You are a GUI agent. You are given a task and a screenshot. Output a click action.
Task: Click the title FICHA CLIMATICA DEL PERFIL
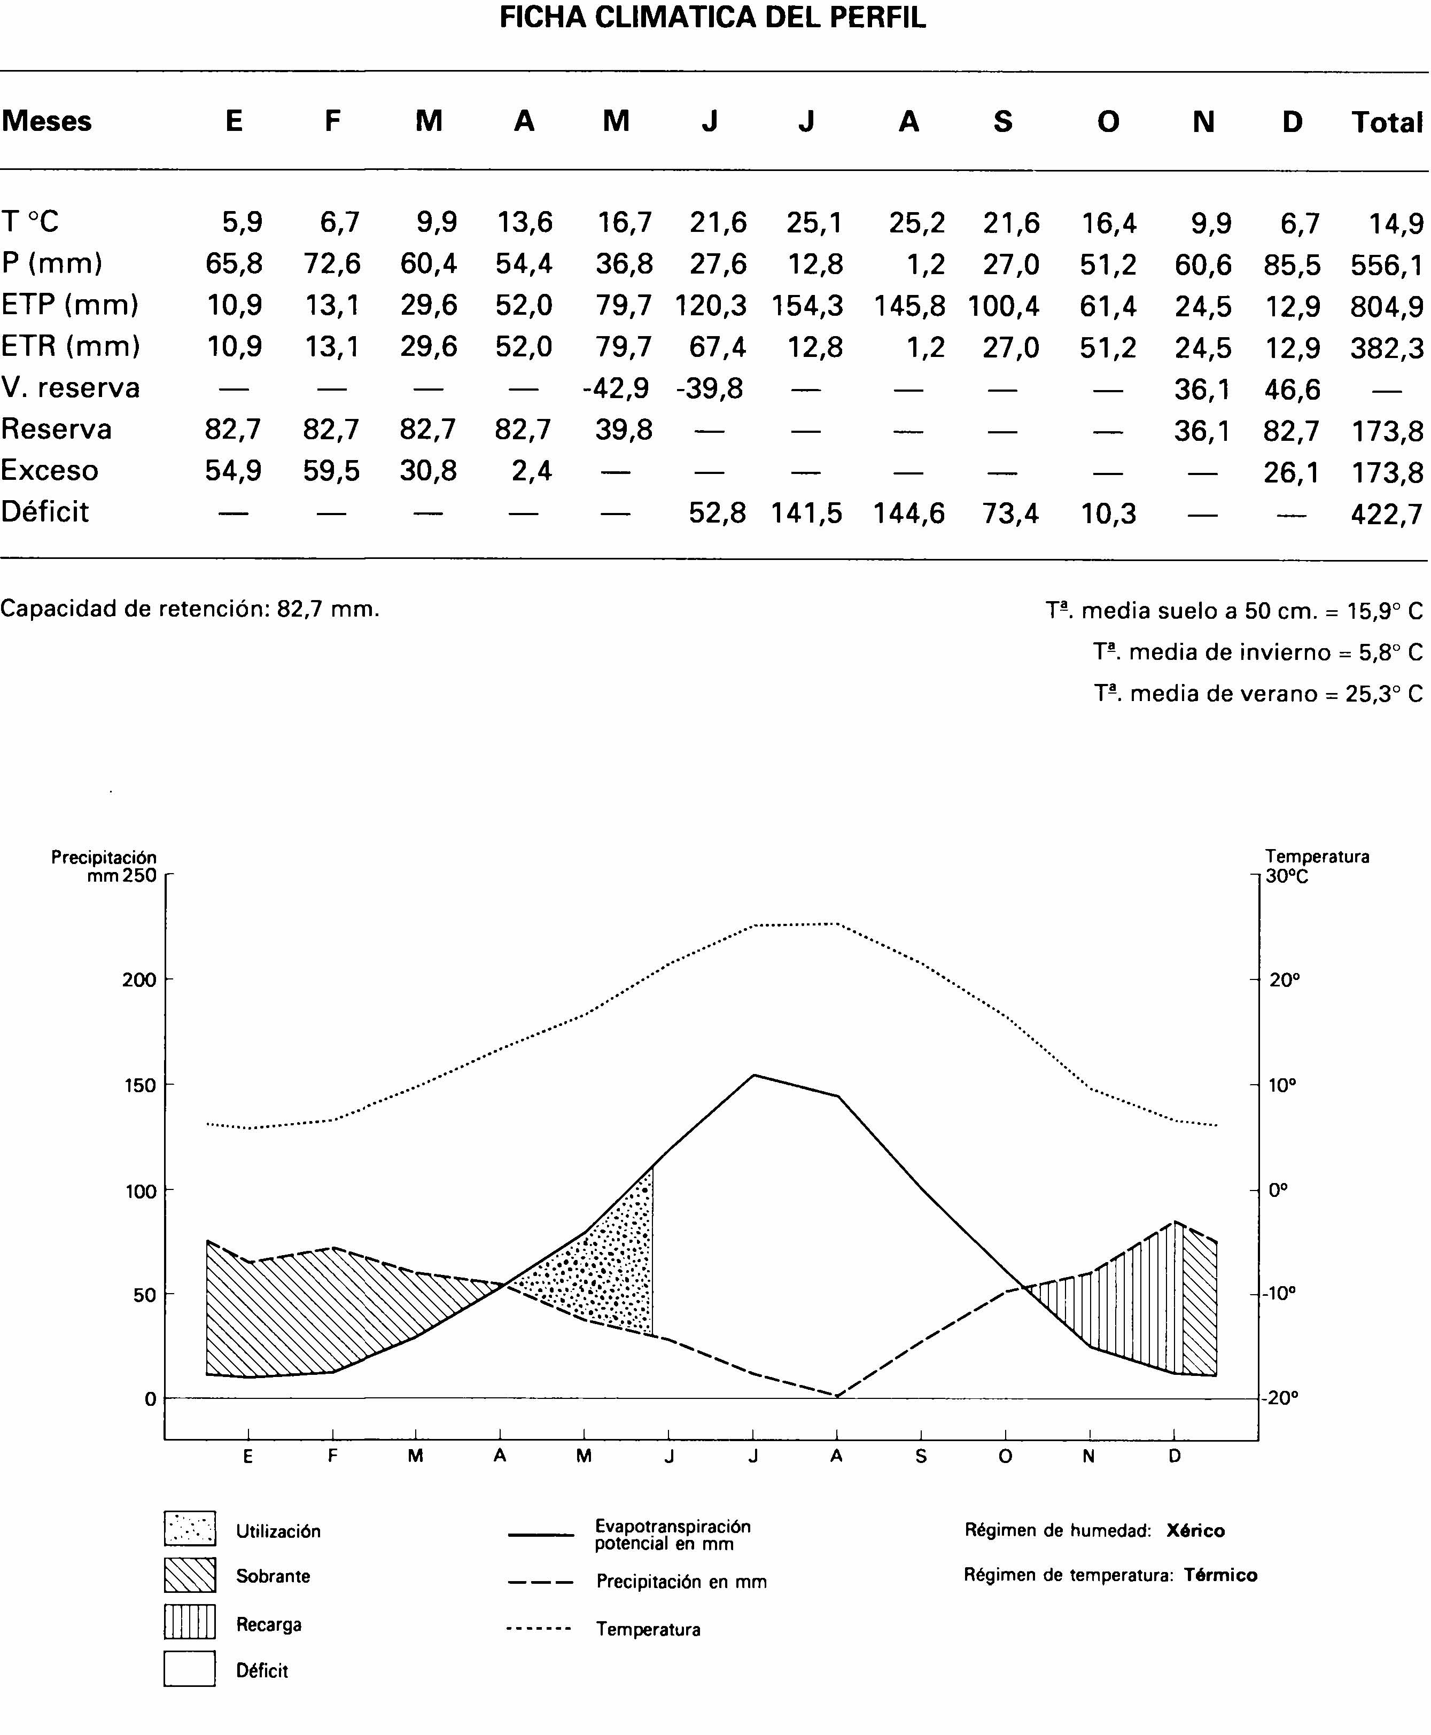pyautogui.click(x=712, y=18)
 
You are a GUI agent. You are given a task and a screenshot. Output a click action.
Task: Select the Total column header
pyautogui.click(x=1387, y=122)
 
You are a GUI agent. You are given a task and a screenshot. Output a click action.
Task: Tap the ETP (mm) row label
pyautogui.click(x=70, y=305)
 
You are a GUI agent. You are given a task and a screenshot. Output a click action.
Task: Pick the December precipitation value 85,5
pyautogui.click(x=1292, y=264)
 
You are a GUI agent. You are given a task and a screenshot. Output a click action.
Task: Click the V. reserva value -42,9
pyautogui.click(x=617, y=388)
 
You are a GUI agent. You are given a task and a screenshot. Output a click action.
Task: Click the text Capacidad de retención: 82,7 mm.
pyautogui.click(x=190, y=609)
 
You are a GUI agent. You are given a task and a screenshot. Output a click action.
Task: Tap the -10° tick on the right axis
pyautogui.click(x=1280, y=1293)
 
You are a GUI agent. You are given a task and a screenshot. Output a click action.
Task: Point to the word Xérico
pyautogui.click(x=1195, y=1530)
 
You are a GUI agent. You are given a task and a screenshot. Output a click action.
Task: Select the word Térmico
pyautogui.click(x=1220, y=1575)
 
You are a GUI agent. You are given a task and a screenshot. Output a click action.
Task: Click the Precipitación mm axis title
pyautogui.click(x=105, y=866)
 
